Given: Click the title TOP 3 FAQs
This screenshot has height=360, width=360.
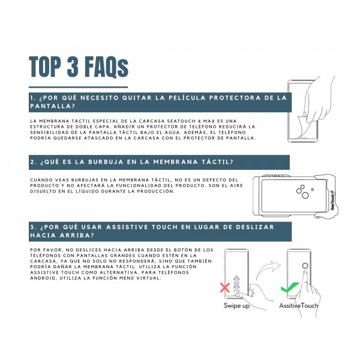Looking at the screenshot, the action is [79, 67].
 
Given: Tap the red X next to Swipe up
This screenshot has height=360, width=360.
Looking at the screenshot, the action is [225, 287].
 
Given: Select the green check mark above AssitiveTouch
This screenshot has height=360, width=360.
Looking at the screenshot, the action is [290, 287].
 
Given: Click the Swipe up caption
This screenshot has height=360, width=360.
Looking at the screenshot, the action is [237, 306].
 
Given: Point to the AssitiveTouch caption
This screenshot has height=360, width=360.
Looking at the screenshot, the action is [299, 305].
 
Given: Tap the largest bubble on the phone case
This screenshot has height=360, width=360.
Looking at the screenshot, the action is [305, 196].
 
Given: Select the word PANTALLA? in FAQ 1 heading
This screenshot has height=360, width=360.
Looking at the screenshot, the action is [53, 106].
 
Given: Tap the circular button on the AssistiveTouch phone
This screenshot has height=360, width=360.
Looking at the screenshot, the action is [305, 266].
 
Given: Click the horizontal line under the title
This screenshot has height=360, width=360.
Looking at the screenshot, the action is [78, 87].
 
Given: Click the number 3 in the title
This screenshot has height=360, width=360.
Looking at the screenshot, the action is [73, 67].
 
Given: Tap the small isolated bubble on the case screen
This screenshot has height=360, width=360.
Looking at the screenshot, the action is [313, 190].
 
